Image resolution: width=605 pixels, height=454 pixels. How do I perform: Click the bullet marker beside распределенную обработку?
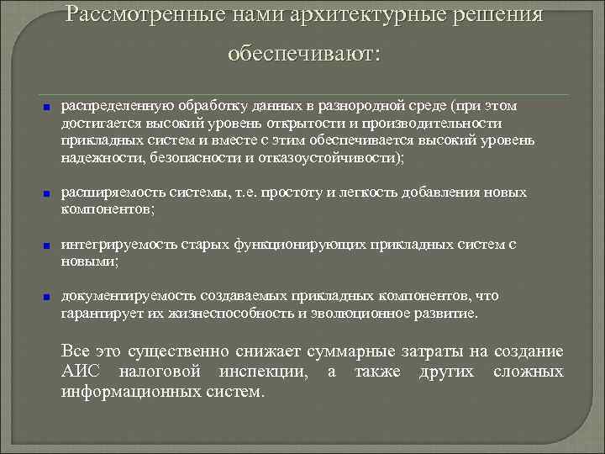click(x=48, y=108)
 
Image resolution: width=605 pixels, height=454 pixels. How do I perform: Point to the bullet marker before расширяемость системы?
click(x=48, y=193)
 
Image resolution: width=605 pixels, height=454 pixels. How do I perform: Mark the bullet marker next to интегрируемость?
click(x=48, y=245)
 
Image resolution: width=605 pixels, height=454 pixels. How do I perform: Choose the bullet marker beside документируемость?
click(x=48, y=297)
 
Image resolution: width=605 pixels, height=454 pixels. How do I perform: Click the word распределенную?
click(x=108, y=107)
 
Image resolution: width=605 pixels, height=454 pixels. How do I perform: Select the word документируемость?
click(x=118, y=296)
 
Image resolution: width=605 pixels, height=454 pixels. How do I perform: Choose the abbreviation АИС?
click(x=81, y=372)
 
